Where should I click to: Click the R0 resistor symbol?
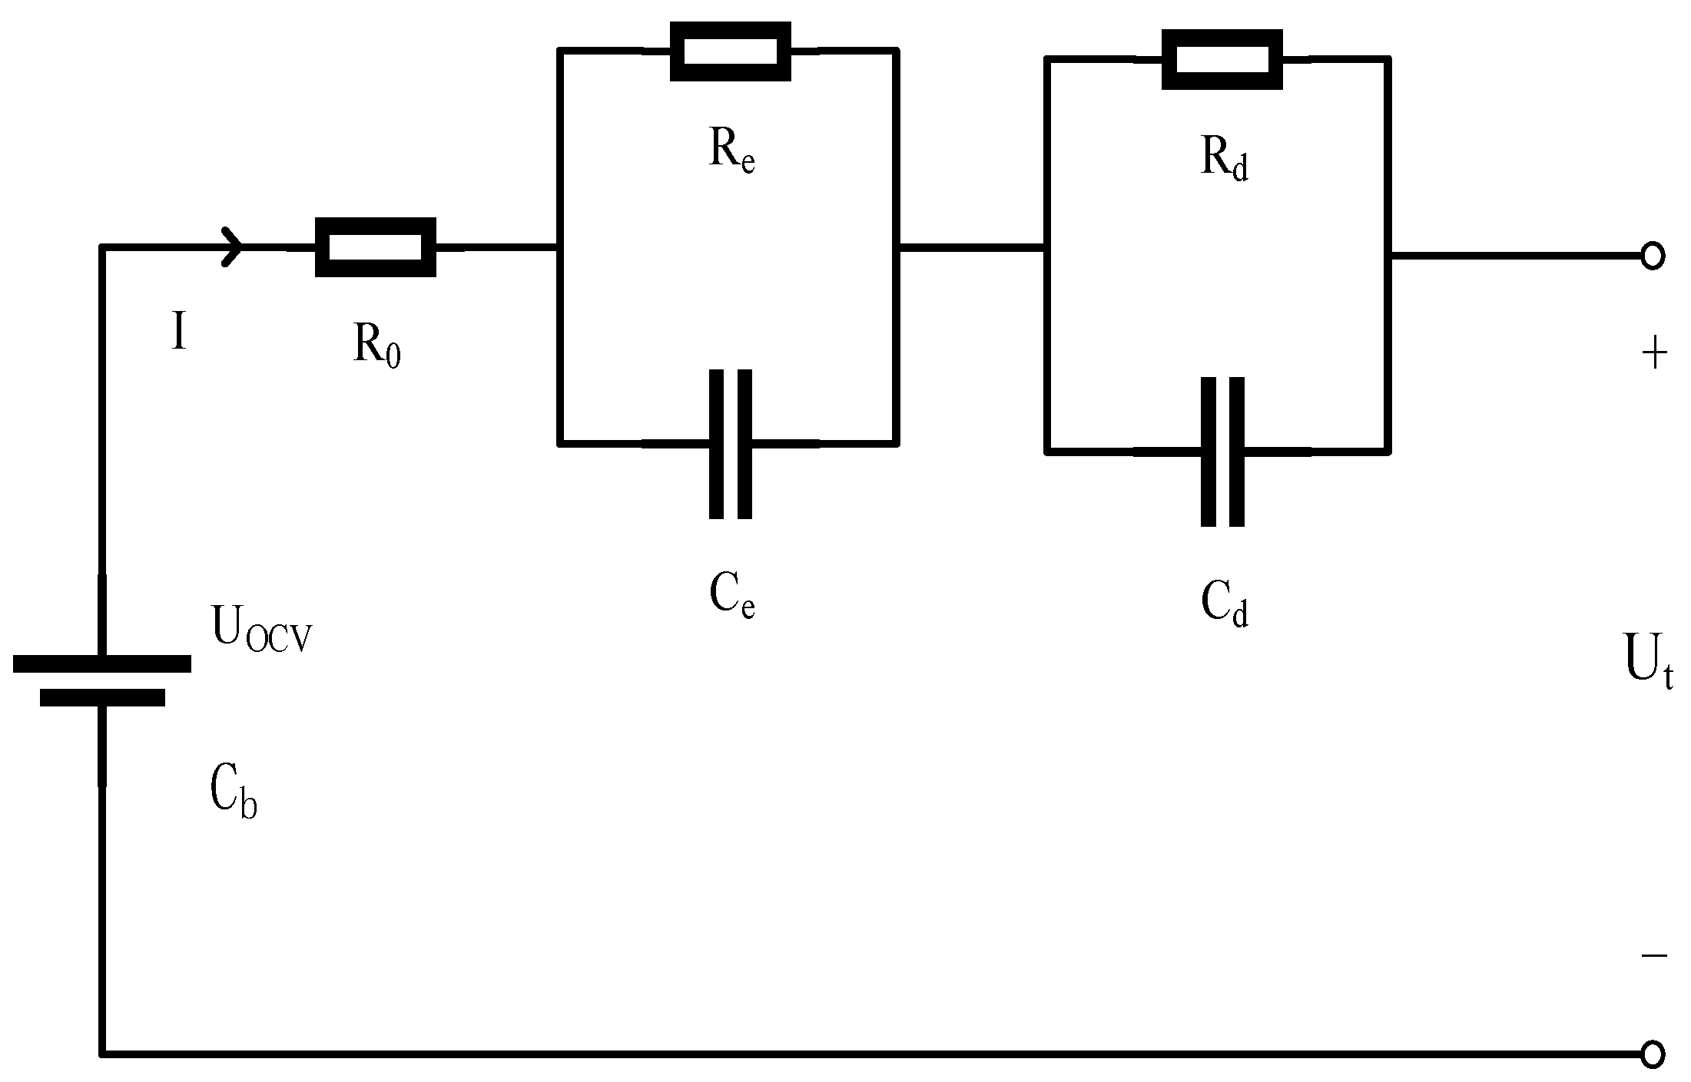tap(376, 247)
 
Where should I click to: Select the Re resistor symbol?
tap(730, 51)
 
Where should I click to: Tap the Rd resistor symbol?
tap(1222, 60)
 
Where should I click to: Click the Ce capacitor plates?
tap(730, 444)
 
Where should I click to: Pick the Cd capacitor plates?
tap(1222, 452)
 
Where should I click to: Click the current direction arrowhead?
tap(233, 247)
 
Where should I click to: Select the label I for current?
tap(178, 334)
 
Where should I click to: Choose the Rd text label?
tap(1224, 159)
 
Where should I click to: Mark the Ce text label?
tap(731, 597)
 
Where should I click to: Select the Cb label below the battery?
tap(232, 793)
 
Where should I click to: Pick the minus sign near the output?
tap(1654, 955)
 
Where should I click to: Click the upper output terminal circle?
tap(1653, 256)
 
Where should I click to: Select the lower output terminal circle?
tap(1653, 1053)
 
